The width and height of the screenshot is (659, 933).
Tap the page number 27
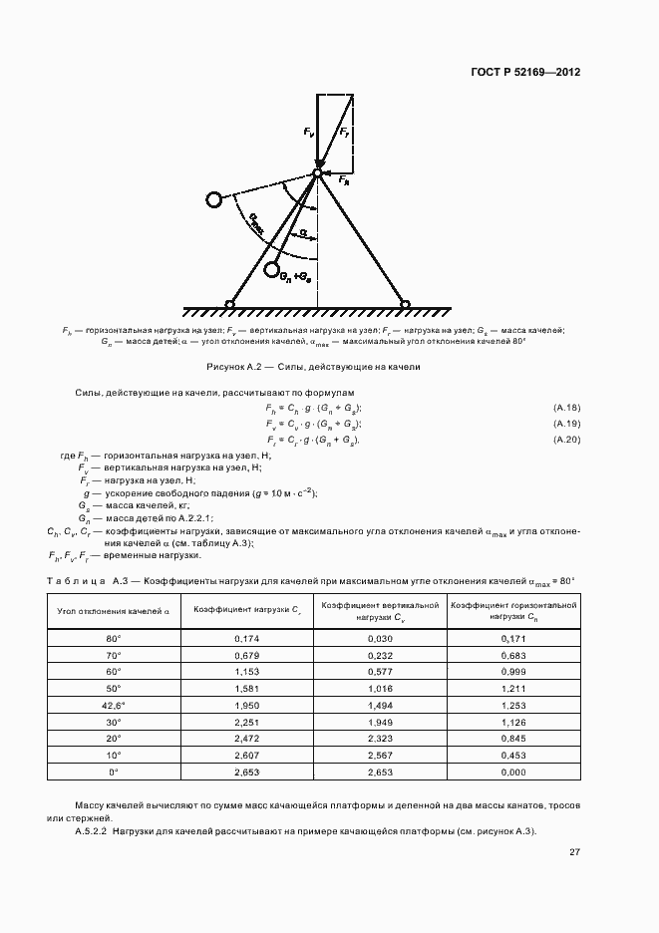tap(574, 852)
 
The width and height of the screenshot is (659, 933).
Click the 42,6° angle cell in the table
tap(113, 705)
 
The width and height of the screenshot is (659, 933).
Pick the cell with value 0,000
tap(513, 772)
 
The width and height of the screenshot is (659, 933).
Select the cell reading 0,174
tap(246, 637)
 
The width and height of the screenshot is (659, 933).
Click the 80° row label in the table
tap(113, 637)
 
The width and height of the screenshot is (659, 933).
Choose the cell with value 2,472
tap(246, 739)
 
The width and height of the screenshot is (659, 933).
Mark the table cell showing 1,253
tap(513, 705)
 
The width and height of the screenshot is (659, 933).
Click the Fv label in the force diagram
tap(308, 132)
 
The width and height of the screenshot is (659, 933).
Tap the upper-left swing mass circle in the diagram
tap(214, 199)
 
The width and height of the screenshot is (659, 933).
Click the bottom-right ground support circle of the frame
tap(405, 304)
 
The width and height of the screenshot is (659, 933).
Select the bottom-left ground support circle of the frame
tap(229, 304)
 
